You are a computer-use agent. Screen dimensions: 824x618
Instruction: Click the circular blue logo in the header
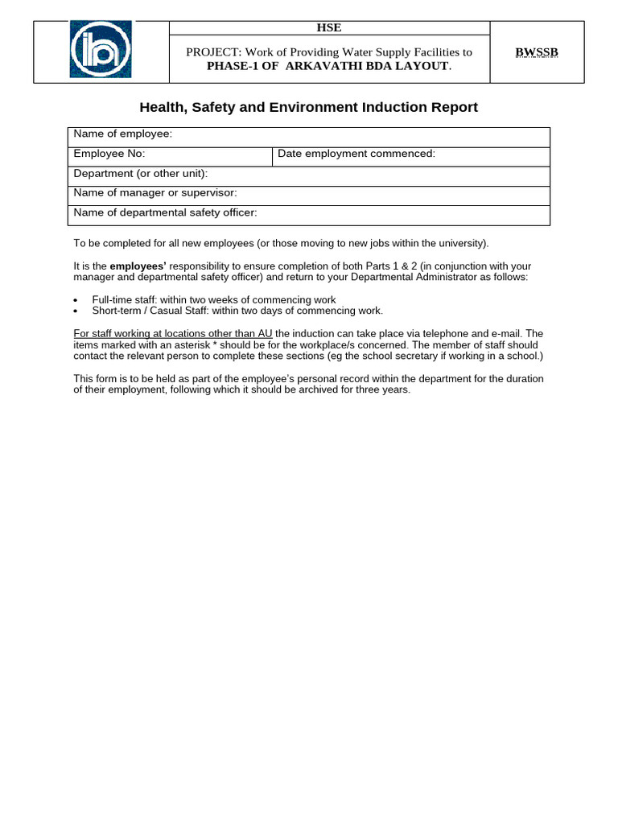[101, 50]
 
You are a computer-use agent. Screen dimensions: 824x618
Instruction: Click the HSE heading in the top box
[328, 27]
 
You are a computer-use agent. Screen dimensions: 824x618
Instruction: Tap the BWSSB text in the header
[537, 52]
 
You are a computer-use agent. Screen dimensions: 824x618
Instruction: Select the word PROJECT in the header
[213, 52]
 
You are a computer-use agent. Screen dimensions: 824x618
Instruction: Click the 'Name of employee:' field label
[122, 134]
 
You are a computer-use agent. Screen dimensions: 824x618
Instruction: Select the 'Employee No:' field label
[109, 153]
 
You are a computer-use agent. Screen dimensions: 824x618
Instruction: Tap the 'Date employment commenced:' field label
[356, 153]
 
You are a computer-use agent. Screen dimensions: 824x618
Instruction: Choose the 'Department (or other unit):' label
[140, 173]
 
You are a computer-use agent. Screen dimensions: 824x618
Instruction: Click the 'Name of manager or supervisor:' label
[154, 192]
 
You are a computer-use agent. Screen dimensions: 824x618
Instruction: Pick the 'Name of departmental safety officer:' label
[165, 212]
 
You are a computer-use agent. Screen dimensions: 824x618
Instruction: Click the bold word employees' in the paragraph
[138, 266]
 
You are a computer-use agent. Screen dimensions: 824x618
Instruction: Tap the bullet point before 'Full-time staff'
[76, 300]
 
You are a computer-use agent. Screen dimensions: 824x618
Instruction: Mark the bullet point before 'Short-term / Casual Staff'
[76, 311]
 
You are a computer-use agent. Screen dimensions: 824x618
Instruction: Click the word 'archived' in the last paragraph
[321, 389]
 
